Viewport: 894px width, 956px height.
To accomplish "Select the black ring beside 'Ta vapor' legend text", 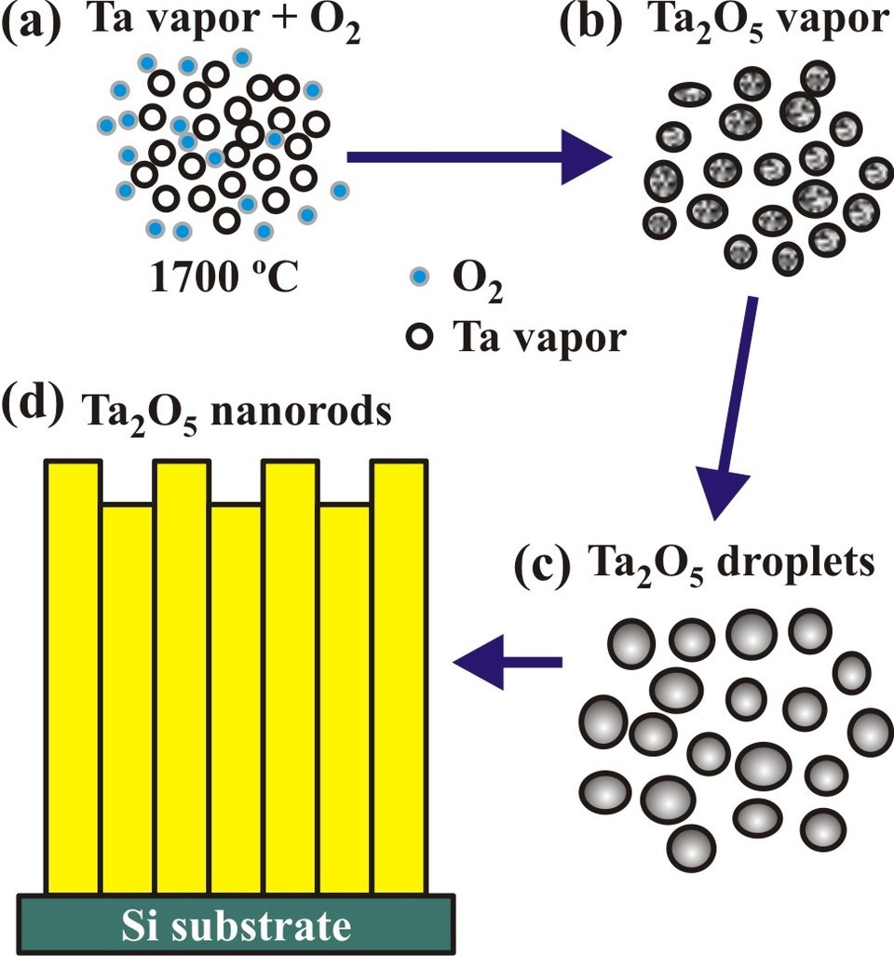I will [420, 339].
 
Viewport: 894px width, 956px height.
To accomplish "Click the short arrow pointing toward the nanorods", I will [508, 662].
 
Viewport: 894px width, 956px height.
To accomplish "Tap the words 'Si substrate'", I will [237, 925].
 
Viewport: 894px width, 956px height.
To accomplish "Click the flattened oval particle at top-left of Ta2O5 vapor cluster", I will [690, 93].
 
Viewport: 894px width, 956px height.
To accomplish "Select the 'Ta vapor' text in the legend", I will [538, 339].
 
